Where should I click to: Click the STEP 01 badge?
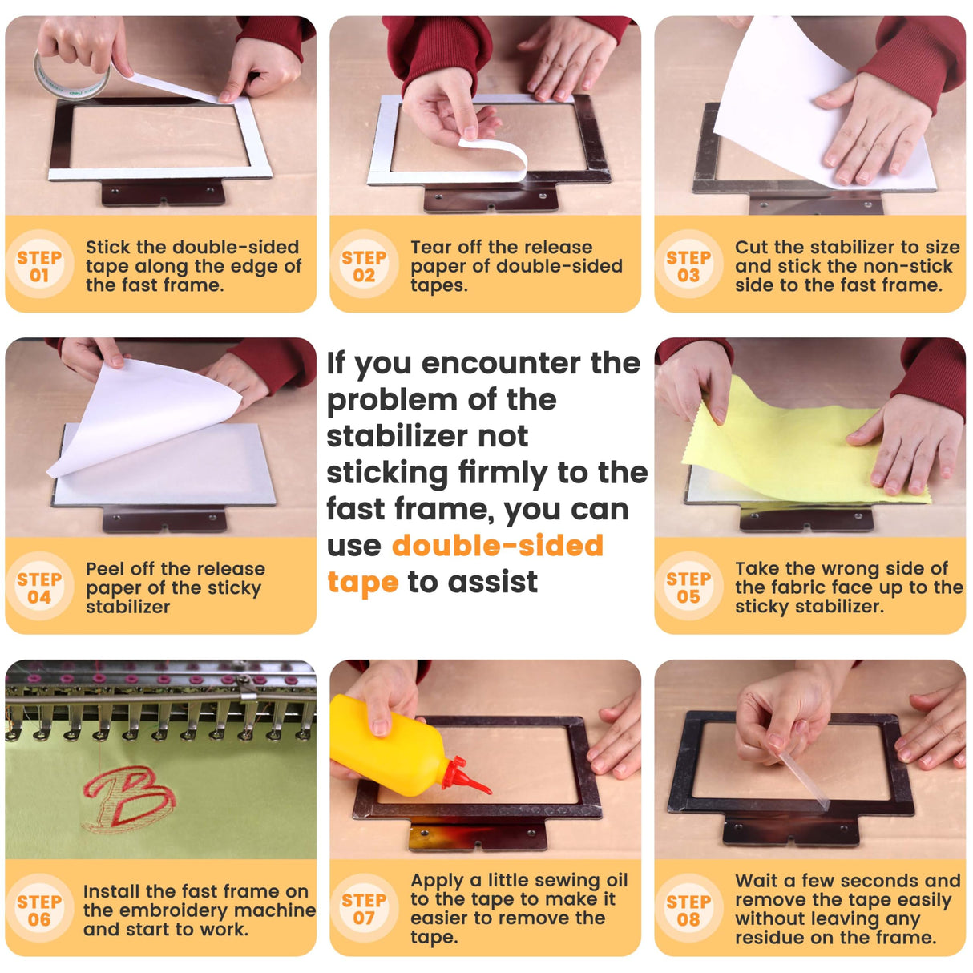tap(39, 265)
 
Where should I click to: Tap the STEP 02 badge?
tap(364, 265)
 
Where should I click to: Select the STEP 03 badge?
tap(688, 265)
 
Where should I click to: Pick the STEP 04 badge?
tap(39, 587)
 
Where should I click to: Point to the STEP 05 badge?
tap(688, 587)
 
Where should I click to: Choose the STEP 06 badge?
tap(39, 910)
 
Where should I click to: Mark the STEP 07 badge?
tap(364, 910)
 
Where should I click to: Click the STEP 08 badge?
tap(688, 910)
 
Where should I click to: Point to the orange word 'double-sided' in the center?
tap(498, 546)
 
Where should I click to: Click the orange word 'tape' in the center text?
tap(362, 583)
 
